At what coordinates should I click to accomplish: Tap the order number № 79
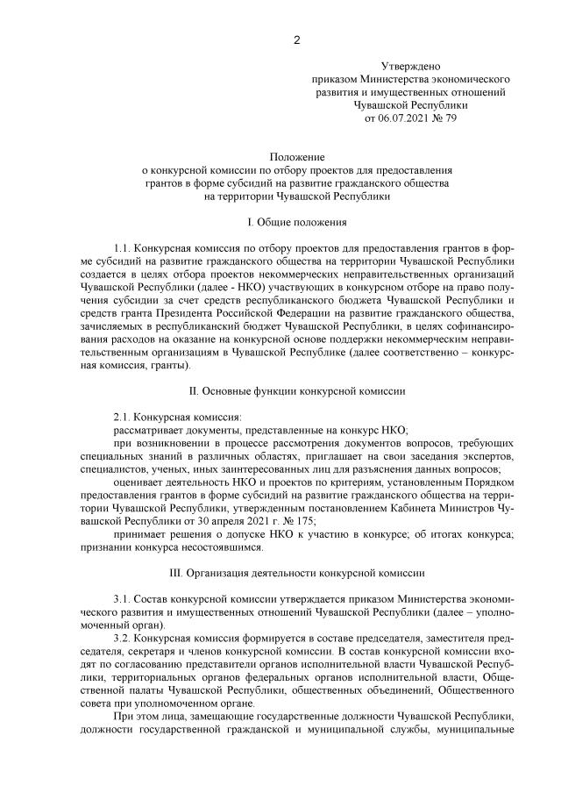445,116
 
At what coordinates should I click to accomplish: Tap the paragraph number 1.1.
123,248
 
